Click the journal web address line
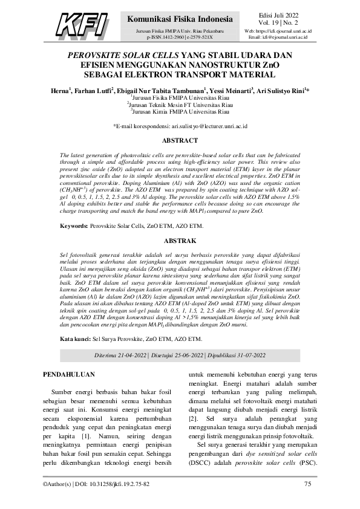pyautogui.click(x=278, y=30)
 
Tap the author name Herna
pyautogui.click(x=59, y=90)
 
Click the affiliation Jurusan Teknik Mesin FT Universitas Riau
pyautogui.click(x=180, y=104)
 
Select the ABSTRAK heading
pyautogui.click(x=180, y=241)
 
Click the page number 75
pyautogui.click(x=307, y=484)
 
